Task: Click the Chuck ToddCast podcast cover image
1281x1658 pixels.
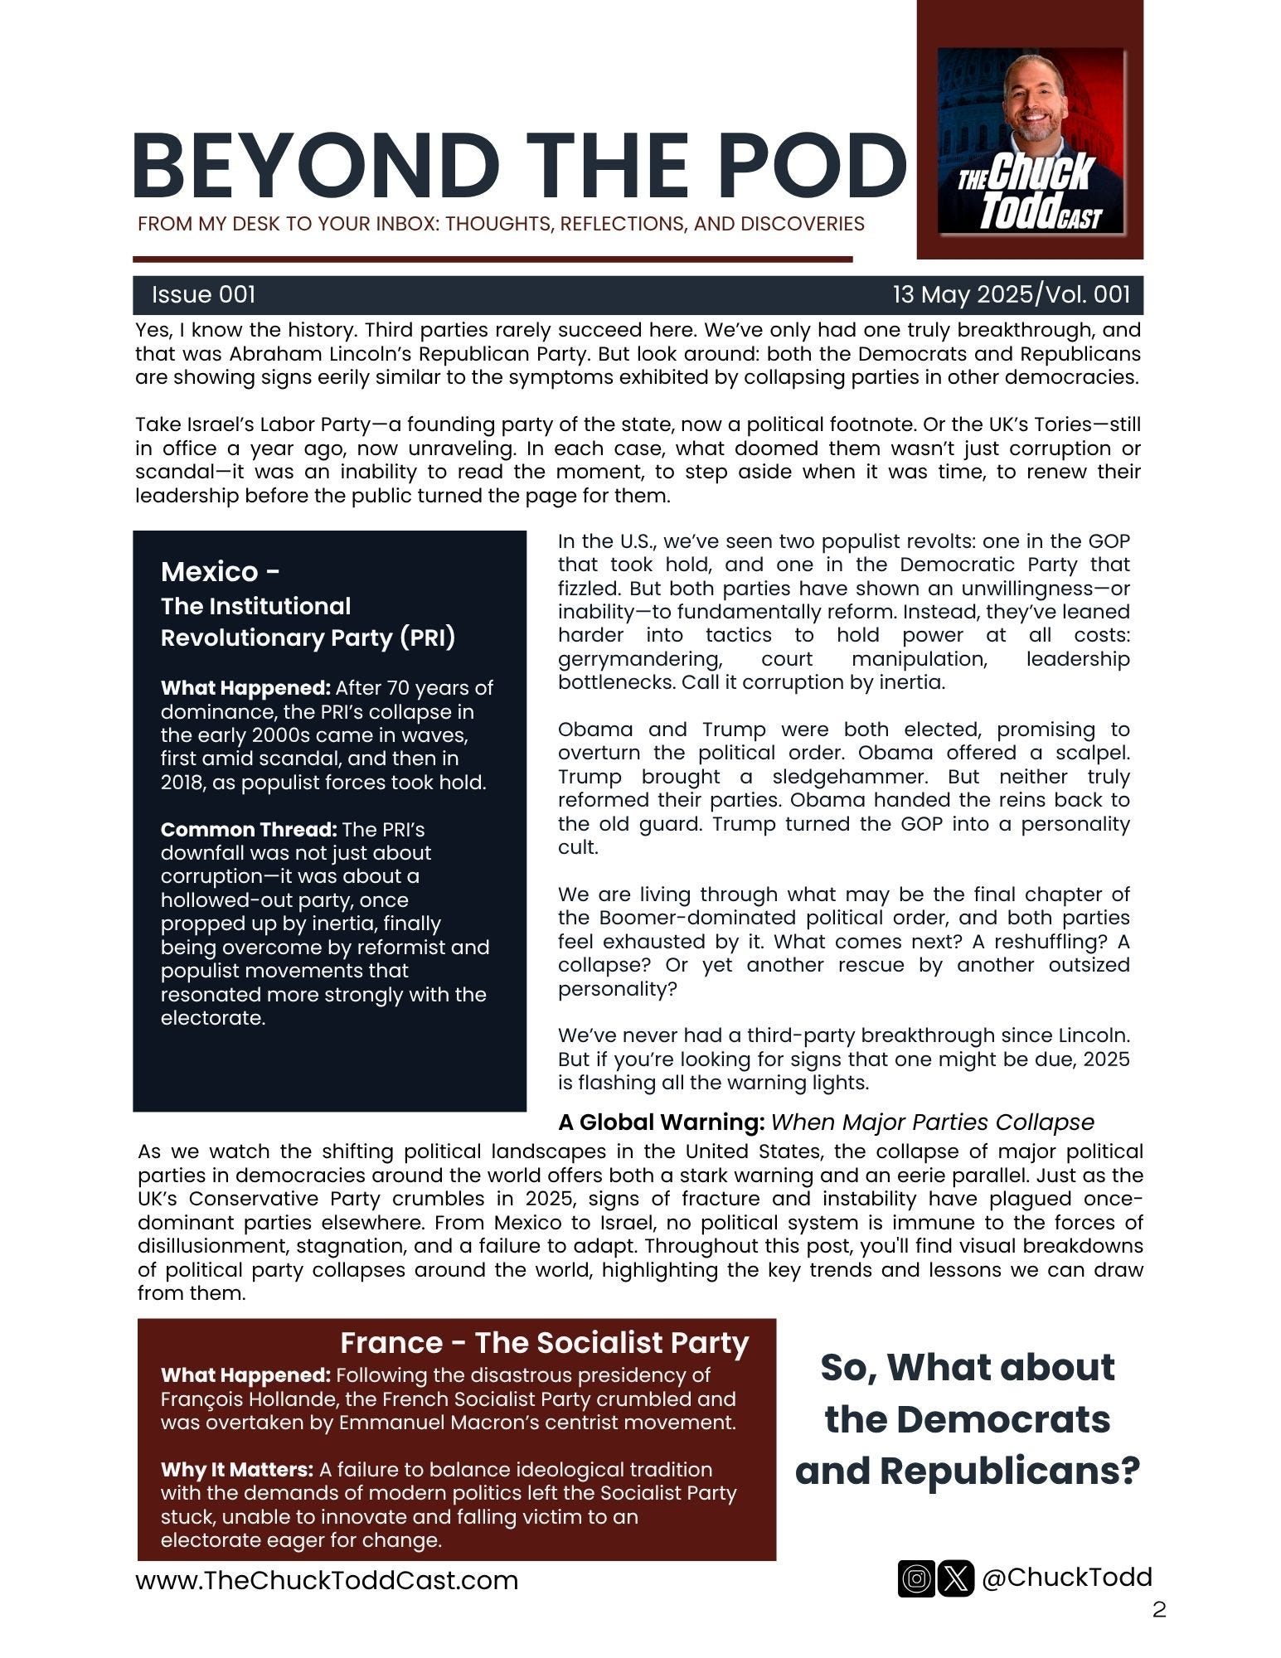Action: click(1031, 141)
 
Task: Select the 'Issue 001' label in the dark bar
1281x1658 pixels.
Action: click(203, 294)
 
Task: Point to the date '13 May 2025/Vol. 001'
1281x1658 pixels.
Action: click(1011, 294)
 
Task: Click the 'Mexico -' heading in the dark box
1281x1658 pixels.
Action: click(220, 571)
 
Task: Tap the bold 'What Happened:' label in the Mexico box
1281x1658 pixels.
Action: click(245, 688)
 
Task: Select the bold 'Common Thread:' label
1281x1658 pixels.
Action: click(249, 830)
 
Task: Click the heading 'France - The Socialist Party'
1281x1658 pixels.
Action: click(544, 1342)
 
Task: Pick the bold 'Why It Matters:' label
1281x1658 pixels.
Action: click(237, 1470)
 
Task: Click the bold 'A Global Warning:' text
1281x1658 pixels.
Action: click(661, 1122)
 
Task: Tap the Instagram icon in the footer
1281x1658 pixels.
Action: click(916, 1578)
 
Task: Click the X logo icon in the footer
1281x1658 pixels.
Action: click(956, 1578)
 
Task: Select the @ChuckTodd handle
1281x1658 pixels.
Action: click(1067, 1577)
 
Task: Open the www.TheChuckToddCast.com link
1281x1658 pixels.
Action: click(327, 1580)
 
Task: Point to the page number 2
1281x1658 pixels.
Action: click(1159, 1610)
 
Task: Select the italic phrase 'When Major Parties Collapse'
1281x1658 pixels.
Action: click(932, 1122)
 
